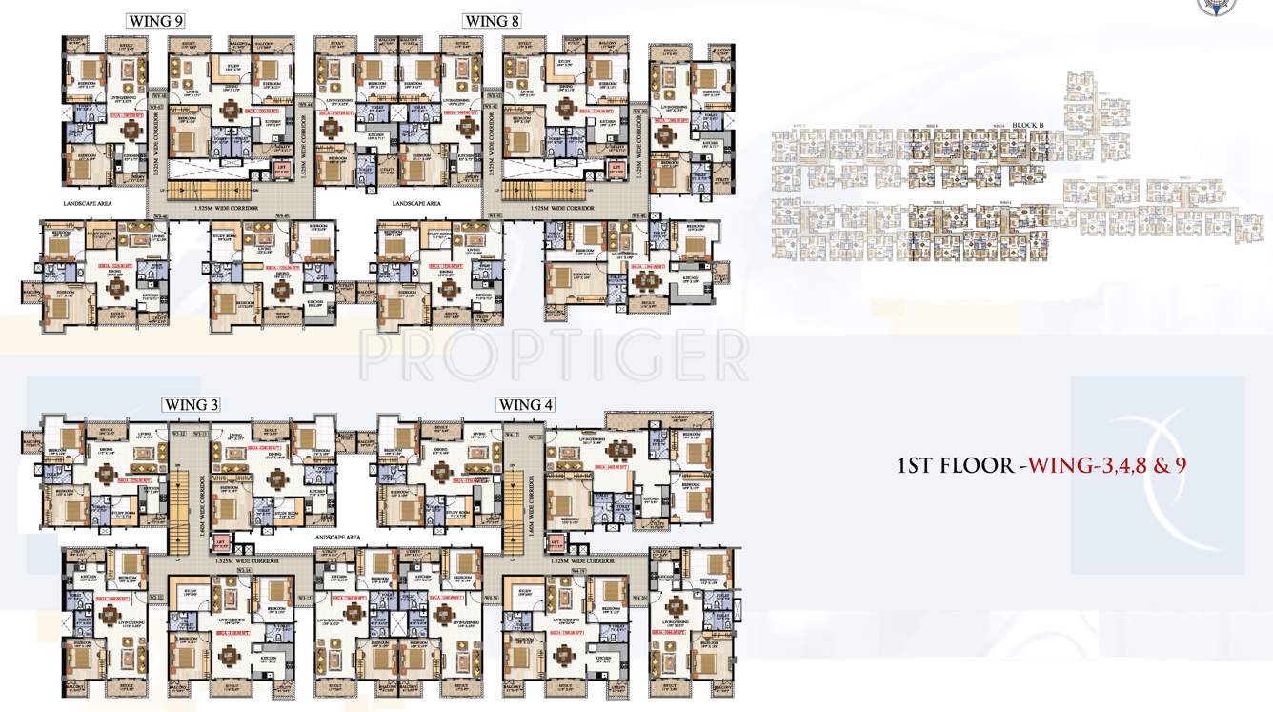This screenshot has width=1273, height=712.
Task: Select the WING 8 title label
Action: click(x=493, y=21)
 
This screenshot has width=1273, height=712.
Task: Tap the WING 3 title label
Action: click(x=192, y=405)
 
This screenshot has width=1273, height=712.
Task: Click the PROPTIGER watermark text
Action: click(x=553, y=355)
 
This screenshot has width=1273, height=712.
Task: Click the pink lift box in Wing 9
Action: click(x=281, y=169)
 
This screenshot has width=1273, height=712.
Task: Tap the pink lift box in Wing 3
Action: click(x=222, y=543)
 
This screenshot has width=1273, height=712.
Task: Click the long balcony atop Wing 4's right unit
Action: click(x=657, y=420)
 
